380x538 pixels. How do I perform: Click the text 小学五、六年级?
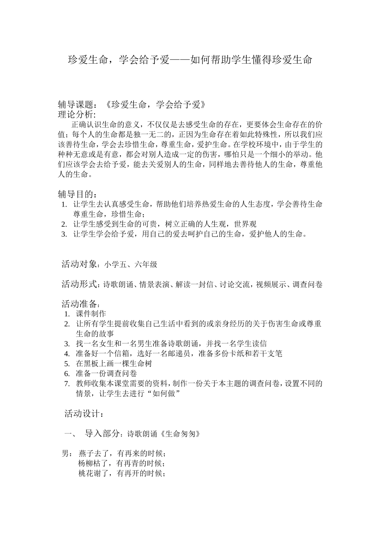131,265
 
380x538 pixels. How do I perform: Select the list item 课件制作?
91,314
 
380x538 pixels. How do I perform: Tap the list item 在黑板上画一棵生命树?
114,364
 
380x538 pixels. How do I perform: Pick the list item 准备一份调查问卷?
106,374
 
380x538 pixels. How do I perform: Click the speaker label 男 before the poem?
65,454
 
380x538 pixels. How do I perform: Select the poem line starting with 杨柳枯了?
122,464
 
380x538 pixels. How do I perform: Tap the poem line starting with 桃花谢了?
122,474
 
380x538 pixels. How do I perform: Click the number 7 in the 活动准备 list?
67,384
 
